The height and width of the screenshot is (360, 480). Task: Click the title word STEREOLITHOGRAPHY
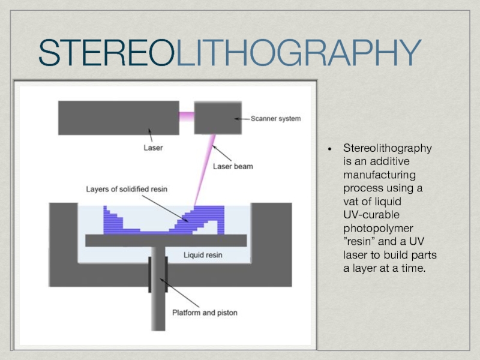pyautogui.click(x=229, y=53)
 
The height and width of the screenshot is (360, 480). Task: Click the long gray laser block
pyautogui.click(x=118, y=118)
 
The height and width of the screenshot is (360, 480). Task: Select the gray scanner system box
pyautogui.click(x=214, y=118)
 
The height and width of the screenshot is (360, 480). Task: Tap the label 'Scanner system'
pyautogui.click(x=275, y=119)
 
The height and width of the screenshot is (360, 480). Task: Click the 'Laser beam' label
pyautogui.click(x=233, y=166)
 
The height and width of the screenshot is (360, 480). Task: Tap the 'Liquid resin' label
pyautogui.click(x=202, y=255)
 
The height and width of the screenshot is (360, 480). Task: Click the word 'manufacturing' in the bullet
pyautogui.click(x=380, y=175)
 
